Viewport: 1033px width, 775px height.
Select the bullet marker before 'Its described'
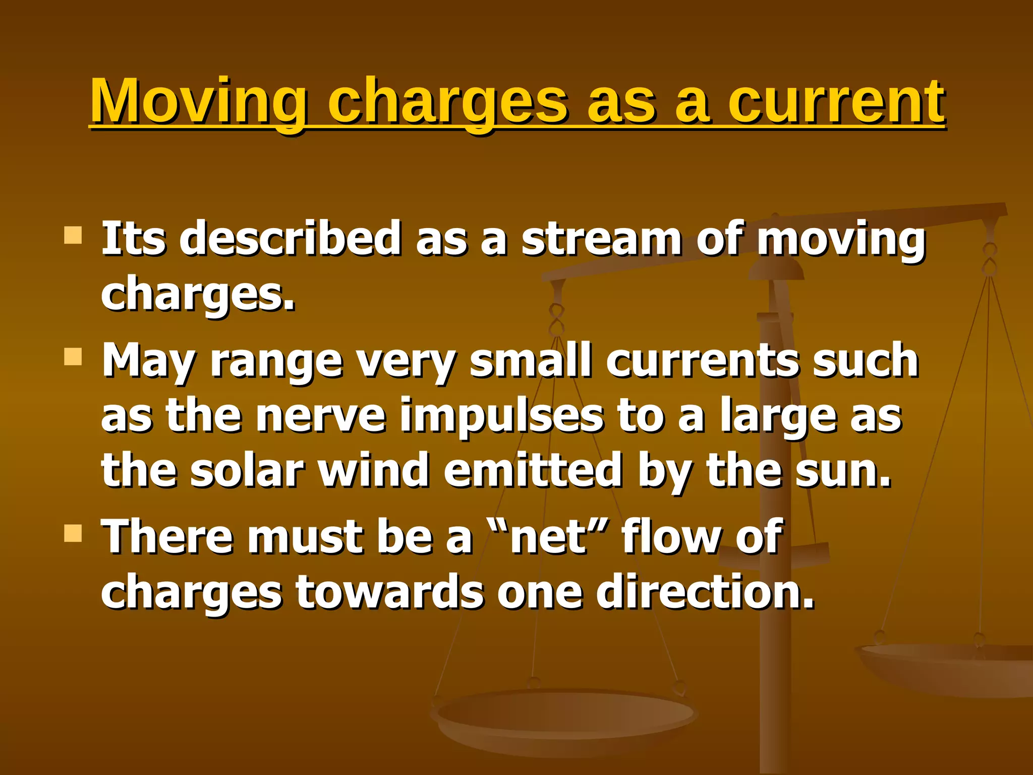(73, 235)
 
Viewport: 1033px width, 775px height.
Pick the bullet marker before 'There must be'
(73, 533)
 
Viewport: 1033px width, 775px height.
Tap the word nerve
(321, 416)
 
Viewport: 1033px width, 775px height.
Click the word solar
(247, 470)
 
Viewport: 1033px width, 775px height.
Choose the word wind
(374, 470)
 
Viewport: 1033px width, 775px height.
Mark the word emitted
(533, 470)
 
